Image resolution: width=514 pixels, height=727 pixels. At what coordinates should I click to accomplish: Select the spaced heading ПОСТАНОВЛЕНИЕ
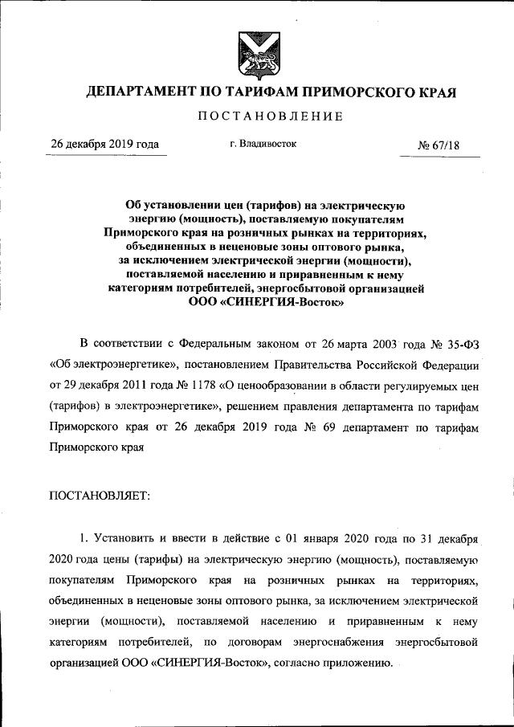point(270,117)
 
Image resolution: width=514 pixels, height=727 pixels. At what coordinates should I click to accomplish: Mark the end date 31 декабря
point(446,537)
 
